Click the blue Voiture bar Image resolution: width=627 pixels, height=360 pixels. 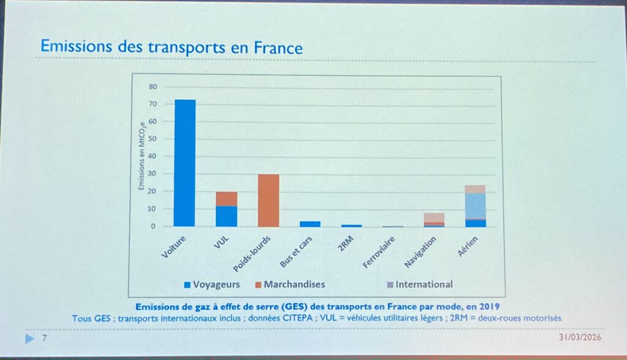pos(184,163)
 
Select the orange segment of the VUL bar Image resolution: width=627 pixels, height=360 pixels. pos(227,198)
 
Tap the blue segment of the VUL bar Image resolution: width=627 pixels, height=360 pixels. pos(227,216)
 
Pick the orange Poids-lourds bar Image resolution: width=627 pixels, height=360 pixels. pos(268,200)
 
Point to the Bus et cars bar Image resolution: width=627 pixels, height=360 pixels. pos(310,223)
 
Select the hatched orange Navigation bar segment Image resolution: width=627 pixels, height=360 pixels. pos(434,217)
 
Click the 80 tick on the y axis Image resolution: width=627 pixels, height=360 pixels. pos(153,87)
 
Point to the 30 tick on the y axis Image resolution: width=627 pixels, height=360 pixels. pos(153,174)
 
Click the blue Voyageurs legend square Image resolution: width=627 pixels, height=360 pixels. pos(187,285)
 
